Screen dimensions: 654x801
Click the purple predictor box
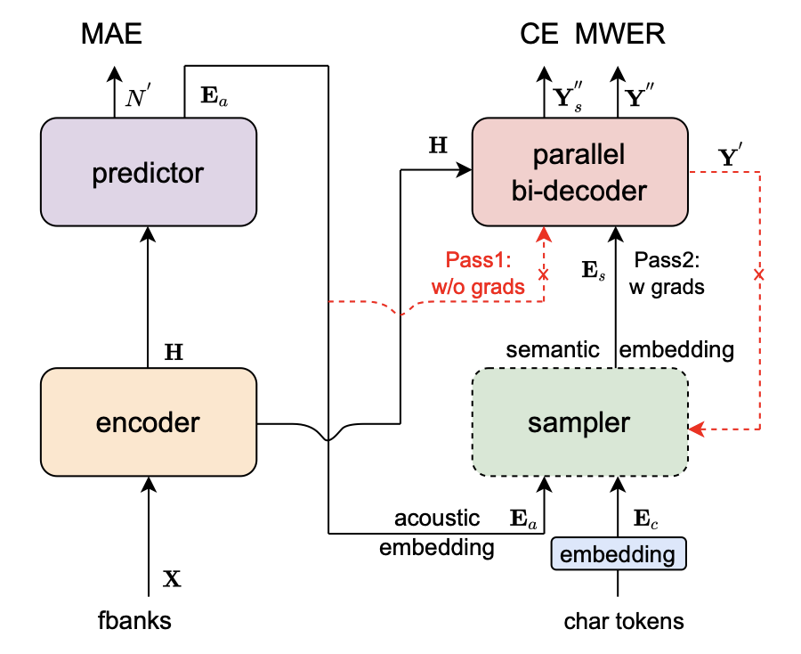149,171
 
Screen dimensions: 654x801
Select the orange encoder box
149,422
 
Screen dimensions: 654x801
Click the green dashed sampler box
579,422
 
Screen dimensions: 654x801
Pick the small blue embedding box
619,554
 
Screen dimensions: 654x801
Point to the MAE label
111,35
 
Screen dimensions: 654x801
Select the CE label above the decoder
540,35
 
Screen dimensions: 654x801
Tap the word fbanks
135,620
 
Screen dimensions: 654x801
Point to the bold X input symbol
173,579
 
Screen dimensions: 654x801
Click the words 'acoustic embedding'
436,533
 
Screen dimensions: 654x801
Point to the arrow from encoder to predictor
149,294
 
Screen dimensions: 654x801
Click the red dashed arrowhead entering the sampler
696,429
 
